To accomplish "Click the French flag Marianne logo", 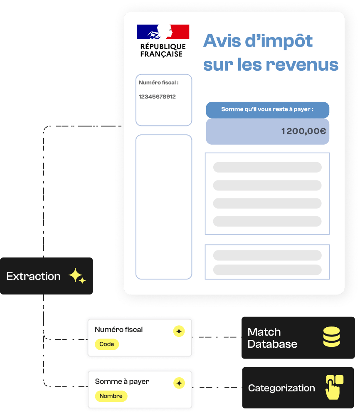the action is pyautogui.click(x=163, y=32).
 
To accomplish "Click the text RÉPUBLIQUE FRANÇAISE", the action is pyautogui.click(x=163, y=50).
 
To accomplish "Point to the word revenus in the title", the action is pyautogui.click(x=302, y=65).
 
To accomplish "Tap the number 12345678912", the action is pyautogui.click(x=157, y=96).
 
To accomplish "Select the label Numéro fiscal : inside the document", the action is pyautogui.click(x=158, y=83).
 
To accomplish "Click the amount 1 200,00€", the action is pyautogui.click(x=303, y=131).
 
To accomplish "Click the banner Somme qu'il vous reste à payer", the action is pyautogui.click(x=268, y=110).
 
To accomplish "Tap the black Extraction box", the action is pyautogui.click(x=46, y=276).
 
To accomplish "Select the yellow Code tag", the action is pyautogui.click(x=107, y=344).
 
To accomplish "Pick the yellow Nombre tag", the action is pyautogui.click(x=111, y=396).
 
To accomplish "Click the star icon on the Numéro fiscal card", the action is pyautogui.click(x=179, y=331).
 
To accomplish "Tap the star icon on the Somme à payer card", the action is pyautogui.click(x=179, y=383).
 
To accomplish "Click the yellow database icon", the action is pyautogui.click(x=332, y=336).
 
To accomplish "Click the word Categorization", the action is pyautogui.click(x=281, y=388).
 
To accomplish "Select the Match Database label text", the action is pyautogui.click(x=272, y=338).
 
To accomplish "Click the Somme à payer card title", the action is pyautogui.click(x=122, y=382).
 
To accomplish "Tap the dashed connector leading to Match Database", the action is pyautogui.click(x=217, y=337).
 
